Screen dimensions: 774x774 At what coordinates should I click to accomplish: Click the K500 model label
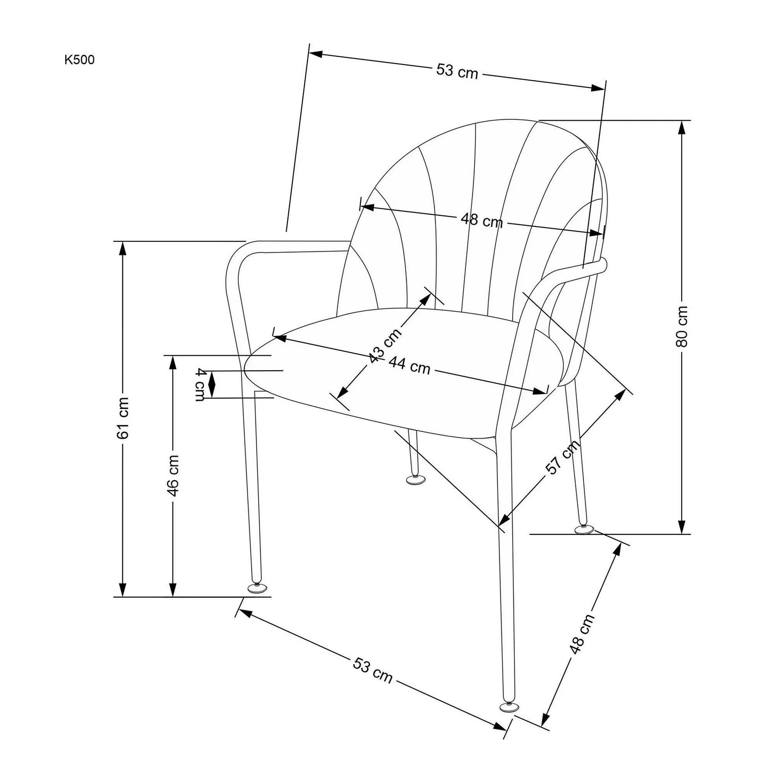[79, 60]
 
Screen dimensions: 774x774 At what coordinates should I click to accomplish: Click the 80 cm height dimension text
[682, 327]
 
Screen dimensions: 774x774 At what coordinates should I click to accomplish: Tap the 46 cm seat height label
[173, 475]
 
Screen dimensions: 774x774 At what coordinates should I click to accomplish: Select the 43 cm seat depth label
[385, 346]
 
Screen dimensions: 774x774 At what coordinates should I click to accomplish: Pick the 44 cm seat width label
[409, 365]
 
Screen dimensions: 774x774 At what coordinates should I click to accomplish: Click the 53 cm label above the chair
[457, 71]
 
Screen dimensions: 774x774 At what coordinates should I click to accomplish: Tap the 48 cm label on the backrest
[481, 220]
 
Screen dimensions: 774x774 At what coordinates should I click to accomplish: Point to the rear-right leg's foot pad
[584, 530]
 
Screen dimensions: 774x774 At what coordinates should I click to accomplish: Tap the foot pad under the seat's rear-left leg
[416, 479]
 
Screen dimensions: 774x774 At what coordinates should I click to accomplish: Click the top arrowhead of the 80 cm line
[682, 128]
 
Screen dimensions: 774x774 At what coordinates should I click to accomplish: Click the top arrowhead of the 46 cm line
[173, 363]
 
